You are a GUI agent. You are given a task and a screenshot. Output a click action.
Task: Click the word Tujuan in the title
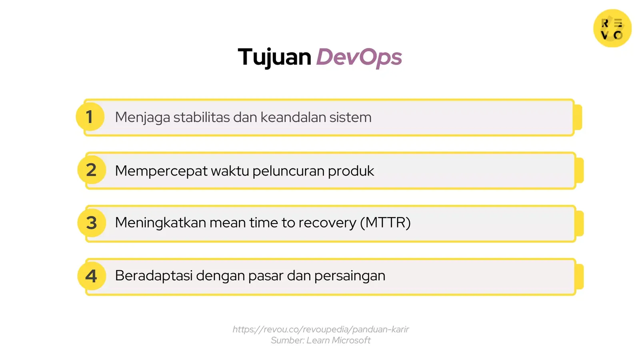(274, 57)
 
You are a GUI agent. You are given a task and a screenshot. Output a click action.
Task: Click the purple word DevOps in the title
(359, 57)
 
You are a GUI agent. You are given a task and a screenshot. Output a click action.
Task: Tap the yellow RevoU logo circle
(612, 28)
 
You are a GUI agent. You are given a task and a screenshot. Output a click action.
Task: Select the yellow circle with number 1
(90, 117)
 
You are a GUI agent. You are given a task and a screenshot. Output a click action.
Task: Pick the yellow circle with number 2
(92, 170)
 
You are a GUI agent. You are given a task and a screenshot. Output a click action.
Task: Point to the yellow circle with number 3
(92, 223)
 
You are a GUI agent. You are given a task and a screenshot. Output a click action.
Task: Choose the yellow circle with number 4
(92, 276)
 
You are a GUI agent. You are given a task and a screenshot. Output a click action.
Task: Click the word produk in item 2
(351, 171)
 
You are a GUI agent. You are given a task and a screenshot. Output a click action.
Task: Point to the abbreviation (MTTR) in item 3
(385, 222)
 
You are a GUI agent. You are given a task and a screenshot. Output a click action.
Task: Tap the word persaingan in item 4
(350, 276)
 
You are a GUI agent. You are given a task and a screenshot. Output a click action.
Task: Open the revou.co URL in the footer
(320, 329)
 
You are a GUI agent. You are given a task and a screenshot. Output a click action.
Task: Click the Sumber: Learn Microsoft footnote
(320, 340)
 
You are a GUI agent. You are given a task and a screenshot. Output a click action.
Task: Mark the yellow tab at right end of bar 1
(578, 117)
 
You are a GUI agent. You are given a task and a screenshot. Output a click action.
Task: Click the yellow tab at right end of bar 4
(580, 276)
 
